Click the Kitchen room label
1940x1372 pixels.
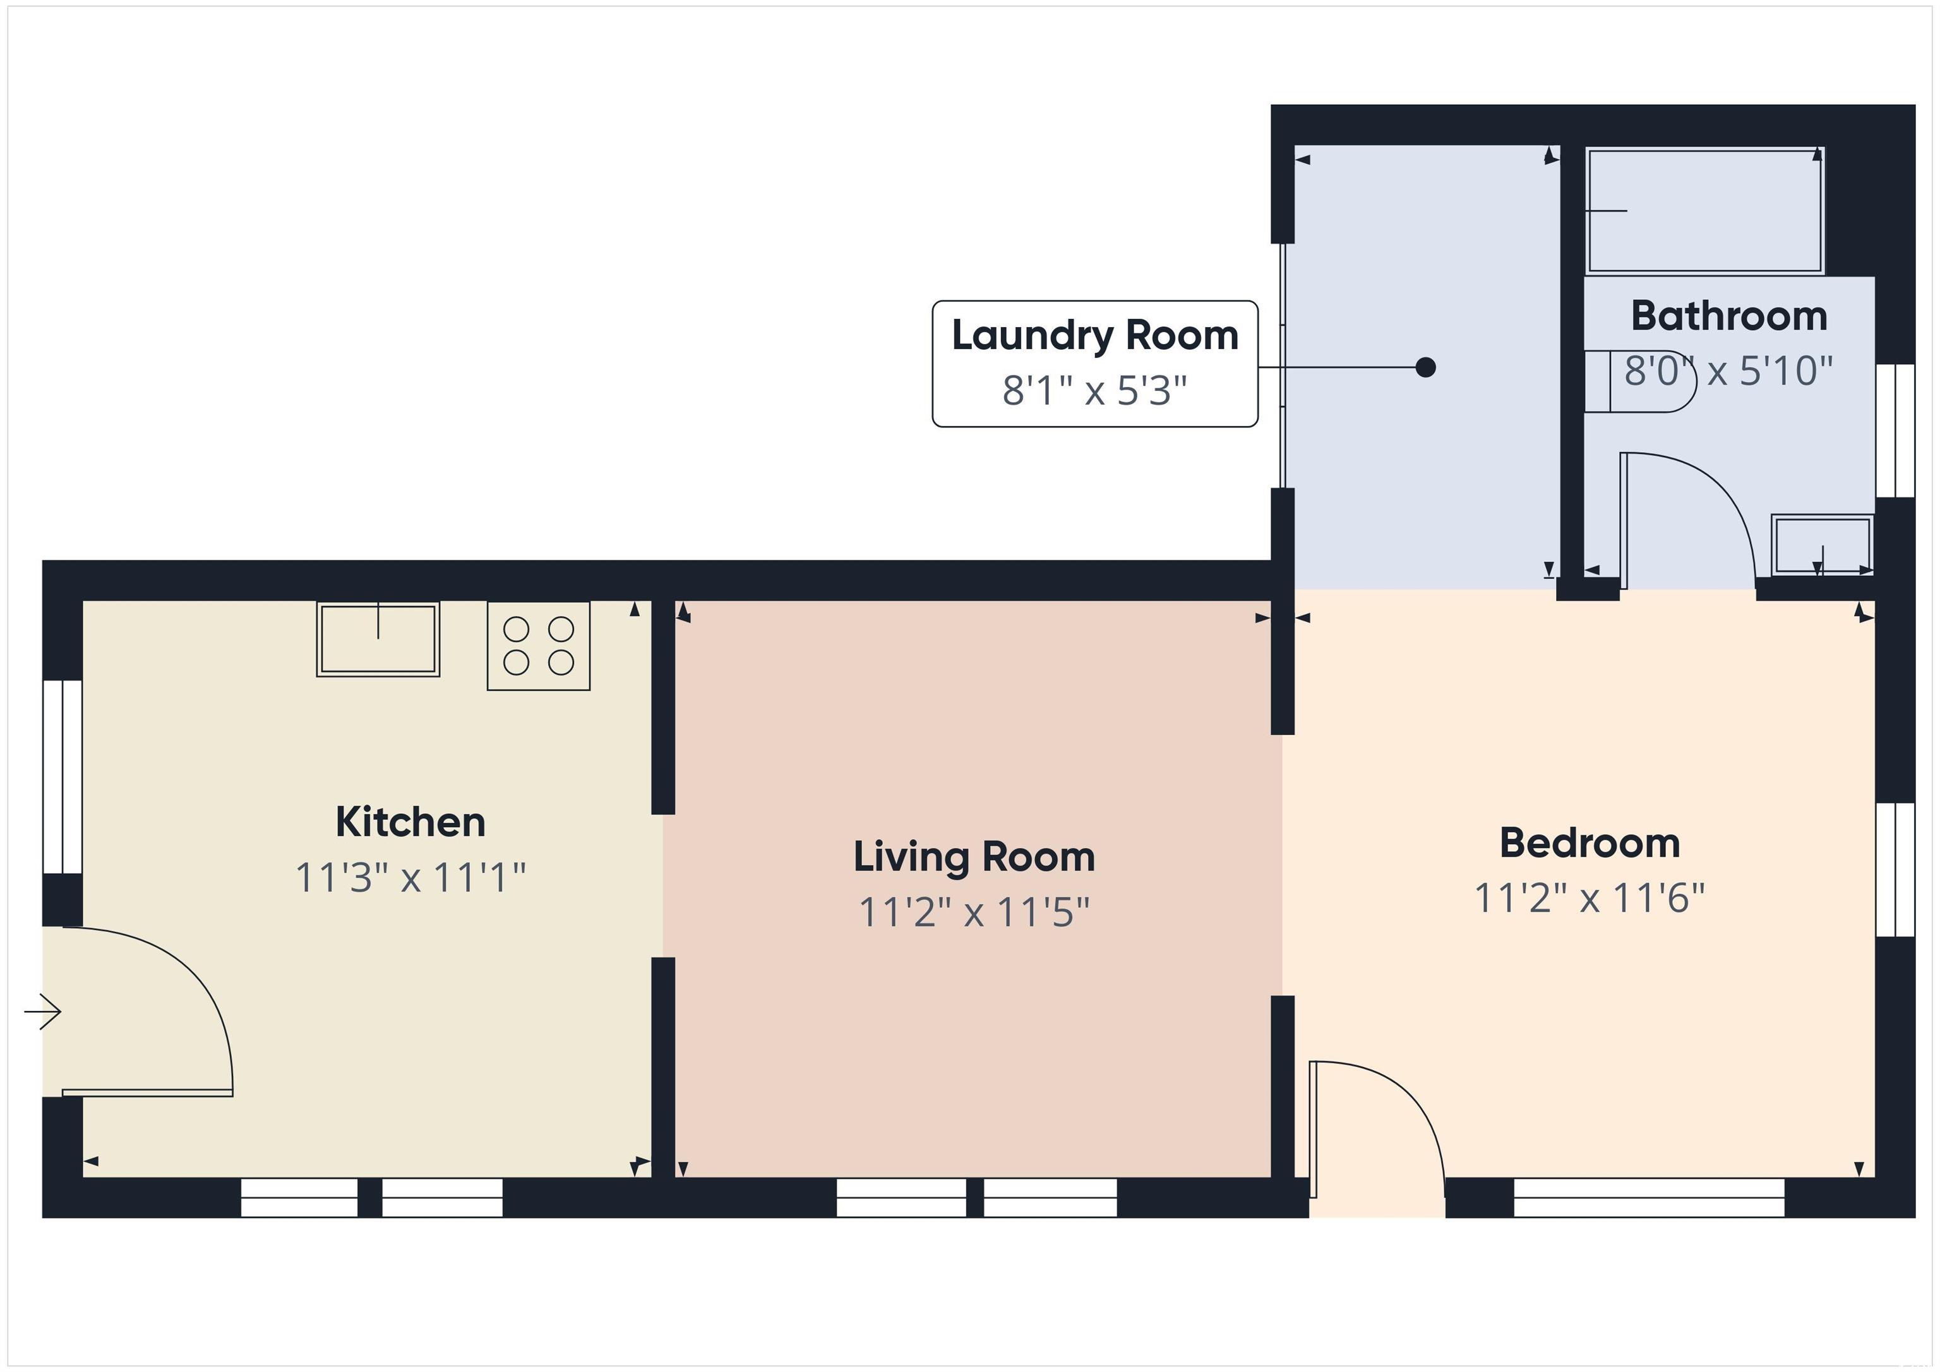(x=410, y=822)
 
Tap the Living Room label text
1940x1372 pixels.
(x=974, y=857)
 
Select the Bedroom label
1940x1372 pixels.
(x=1590, y=843)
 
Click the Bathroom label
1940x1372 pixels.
(x=1729, y=316)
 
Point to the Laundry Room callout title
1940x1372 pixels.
(x=1095, y=335)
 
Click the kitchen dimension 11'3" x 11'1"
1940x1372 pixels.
(x=410, y=877)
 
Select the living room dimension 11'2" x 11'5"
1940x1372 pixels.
(x=974, y=912)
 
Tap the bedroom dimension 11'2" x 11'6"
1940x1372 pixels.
(x=1590, y=898)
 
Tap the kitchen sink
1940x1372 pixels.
(x=378, y=639)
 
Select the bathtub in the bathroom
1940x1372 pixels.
(x=1705, y=210)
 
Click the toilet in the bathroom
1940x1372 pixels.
(x=1640, y=382)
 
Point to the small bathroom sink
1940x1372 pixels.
(x=1822, y=545)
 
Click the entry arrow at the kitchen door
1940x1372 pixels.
(x=42, y=1011)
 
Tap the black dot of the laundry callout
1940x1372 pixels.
(x=1425, y=367)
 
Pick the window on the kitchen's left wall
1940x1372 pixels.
(x=63, y=777)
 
